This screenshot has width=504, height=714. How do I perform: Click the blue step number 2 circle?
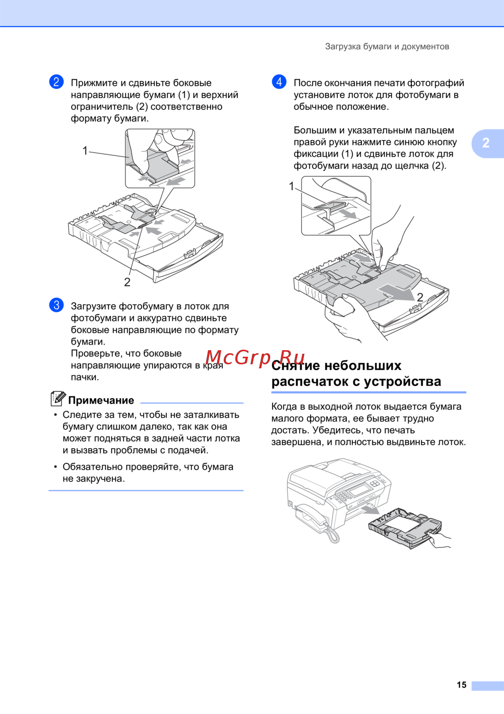tap(56, 82)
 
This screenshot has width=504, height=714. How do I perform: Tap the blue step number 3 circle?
tap(56, 305)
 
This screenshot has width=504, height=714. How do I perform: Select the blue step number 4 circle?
tap(279, 82)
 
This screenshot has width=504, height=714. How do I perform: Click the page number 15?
tap(461, 685)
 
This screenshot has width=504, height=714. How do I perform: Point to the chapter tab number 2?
tap(485, 143)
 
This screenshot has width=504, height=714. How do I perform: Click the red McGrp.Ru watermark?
tap(255, 358)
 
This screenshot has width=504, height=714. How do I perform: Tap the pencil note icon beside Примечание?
tap(58, 399)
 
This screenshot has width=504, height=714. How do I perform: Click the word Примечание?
tap(101, 400)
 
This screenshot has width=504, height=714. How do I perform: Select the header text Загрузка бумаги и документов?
tap(387, 46)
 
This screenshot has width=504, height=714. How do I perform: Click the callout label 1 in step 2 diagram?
tap(85, 150)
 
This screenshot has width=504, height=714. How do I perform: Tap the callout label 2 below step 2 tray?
tap(127, 282)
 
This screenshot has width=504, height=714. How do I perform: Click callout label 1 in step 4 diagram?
tap(291, 186)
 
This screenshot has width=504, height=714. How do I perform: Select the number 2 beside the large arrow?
tap(420, 297)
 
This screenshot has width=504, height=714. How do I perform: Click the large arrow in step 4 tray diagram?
tap(396, 292)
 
